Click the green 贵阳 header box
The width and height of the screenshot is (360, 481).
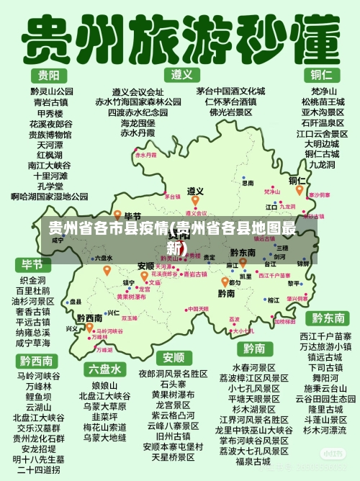click(x=49, y=76)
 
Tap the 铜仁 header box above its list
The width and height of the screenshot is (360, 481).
click(x=320, y=74)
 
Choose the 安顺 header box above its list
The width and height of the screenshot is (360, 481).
click(x=174, y=357)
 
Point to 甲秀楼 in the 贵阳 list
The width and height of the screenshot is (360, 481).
click(x=50, y=113)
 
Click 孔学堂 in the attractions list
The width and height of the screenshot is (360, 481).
click(x=50, y=186)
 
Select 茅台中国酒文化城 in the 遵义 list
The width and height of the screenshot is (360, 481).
click(x=230, y=91)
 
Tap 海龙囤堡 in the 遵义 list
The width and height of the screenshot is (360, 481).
click(x=138, y=123)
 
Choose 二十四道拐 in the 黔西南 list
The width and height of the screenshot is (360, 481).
click(x=37, y=469)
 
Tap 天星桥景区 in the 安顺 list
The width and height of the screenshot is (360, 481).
click(x=174, y=457)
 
